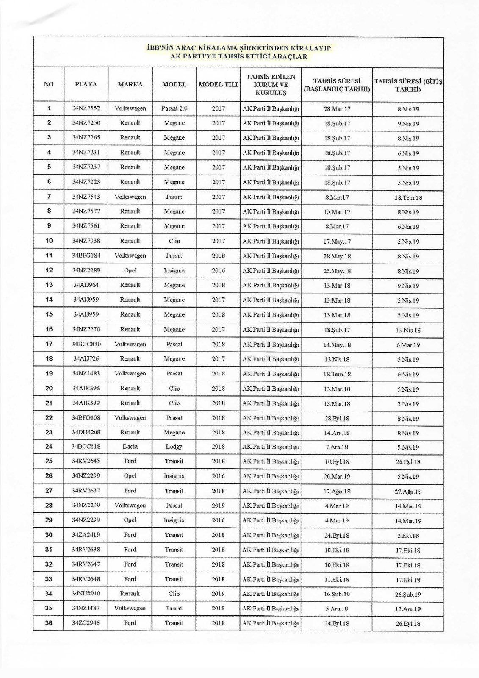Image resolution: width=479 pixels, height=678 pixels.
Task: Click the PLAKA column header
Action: [86, 84]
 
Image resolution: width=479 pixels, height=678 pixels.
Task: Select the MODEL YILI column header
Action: [218, 84]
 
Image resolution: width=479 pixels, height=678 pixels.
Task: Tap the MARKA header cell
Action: [130, 84]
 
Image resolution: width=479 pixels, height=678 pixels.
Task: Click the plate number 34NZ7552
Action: [86, 108]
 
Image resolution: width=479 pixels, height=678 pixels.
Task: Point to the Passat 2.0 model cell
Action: [174, 108]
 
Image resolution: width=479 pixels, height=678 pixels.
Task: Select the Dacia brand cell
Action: [130, 447]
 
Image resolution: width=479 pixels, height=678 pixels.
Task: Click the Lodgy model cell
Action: [174, 447]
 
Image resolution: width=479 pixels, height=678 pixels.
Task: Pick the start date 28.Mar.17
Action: [337, 109]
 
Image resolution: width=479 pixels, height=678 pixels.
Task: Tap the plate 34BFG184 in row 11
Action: [86, 256]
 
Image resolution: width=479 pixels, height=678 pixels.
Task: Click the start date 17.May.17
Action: [337, 242]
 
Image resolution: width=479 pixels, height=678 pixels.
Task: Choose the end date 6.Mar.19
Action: [408, 345]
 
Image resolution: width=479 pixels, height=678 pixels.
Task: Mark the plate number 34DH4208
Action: [86, 432]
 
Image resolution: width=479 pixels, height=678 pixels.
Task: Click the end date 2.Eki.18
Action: [408, 536]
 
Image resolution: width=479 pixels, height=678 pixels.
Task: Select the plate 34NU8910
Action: [86, 593]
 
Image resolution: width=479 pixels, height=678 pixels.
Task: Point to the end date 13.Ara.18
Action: [408, 609]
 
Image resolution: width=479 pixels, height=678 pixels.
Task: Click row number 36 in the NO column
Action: [49, 623]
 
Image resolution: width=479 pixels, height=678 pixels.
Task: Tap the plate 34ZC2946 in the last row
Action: [86, 623]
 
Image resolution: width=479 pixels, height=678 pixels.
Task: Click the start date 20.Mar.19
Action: [337, 477]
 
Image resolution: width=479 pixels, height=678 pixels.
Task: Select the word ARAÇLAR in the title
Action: [292, 56]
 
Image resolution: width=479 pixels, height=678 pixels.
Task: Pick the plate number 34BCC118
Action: [86, 447]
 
